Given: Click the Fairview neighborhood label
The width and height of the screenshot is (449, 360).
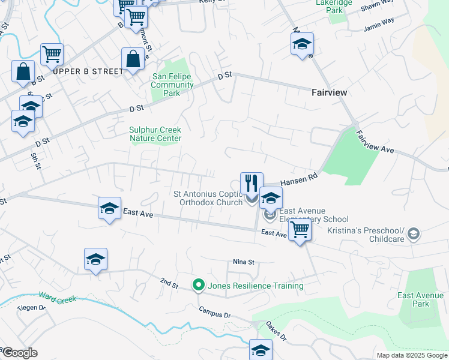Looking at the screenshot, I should coord(330,92).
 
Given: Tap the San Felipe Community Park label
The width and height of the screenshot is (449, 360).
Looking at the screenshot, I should coord(172,85).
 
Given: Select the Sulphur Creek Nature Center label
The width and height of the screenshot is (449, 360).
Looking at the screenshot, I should coord(155,134).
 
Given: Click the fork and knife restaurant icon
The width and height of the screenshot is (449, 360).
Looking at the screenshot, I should coord(252,183).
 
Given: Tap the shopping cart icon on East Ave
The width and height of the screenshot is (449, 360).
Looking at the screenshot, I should coord(299,229).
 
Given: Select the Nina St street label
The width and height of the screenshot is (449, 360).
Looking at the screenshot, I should coord(244,262).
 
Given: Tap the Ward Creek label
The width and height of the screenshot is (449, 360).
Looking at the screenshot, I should coord(57,297).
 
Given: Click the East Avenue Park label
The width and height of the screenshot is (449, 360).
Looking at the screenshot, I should coord(421,299).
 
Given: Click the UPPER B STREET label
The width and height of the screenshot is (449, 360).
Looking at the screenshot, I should coord(88,71).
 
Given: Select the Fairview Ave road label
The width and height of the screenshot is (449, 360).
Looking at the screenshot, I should coord(375,143).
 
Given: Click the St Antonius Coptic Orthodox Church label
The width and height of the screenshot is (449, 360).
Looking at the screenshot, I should coord(208,198).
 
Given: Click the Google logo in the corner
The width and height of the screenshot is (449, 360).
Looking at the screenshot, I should coord(20,353).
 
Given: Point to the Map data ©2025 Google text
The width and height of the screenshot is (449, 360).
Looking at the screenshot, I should coord(411,355).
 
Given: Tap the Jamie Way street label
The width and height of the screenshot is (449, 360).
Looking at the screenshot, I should coord(379,28).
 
